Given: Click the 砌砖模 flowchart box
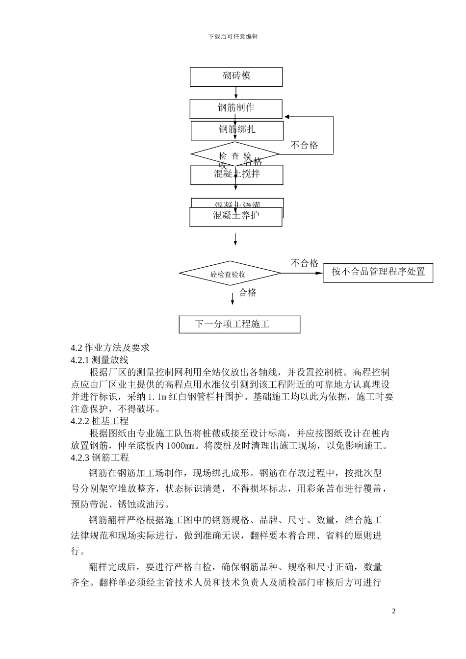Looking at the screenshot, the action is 236,76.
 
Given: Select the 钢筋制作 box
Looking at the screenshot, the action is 236,108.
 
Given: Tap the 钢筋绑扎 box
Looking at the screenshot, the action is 237,130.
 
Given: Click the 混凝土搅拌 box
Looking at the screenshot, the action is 236,175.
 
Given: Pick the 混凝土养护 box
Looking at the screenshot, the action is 236,217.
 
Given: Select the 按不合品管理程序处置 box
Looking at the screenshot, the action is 378,272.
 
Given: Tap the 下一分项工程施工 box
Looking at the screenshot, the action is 239,324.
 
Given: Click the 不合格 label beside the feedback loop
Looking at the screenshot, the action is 304,145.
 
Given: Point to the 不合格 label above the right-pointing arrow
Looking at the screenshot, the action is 305,263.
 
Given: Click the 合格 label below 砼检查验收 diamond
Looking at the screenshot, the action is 248,293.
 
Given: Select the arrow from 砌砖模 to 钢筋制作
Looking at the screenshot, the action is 236,93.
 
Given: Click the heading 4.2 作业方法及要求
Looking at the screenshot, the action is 110,348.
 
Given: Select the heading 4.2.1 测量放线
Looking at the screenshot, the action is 100,360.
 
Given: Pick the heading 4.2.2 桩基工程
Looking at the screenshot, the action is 100,421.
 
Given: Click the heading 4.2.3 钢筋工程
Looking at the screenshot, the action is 100,458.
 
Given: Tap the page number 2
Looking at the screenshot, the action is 393,611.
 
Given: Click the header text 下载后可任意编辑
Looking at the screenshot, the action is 233,36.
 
